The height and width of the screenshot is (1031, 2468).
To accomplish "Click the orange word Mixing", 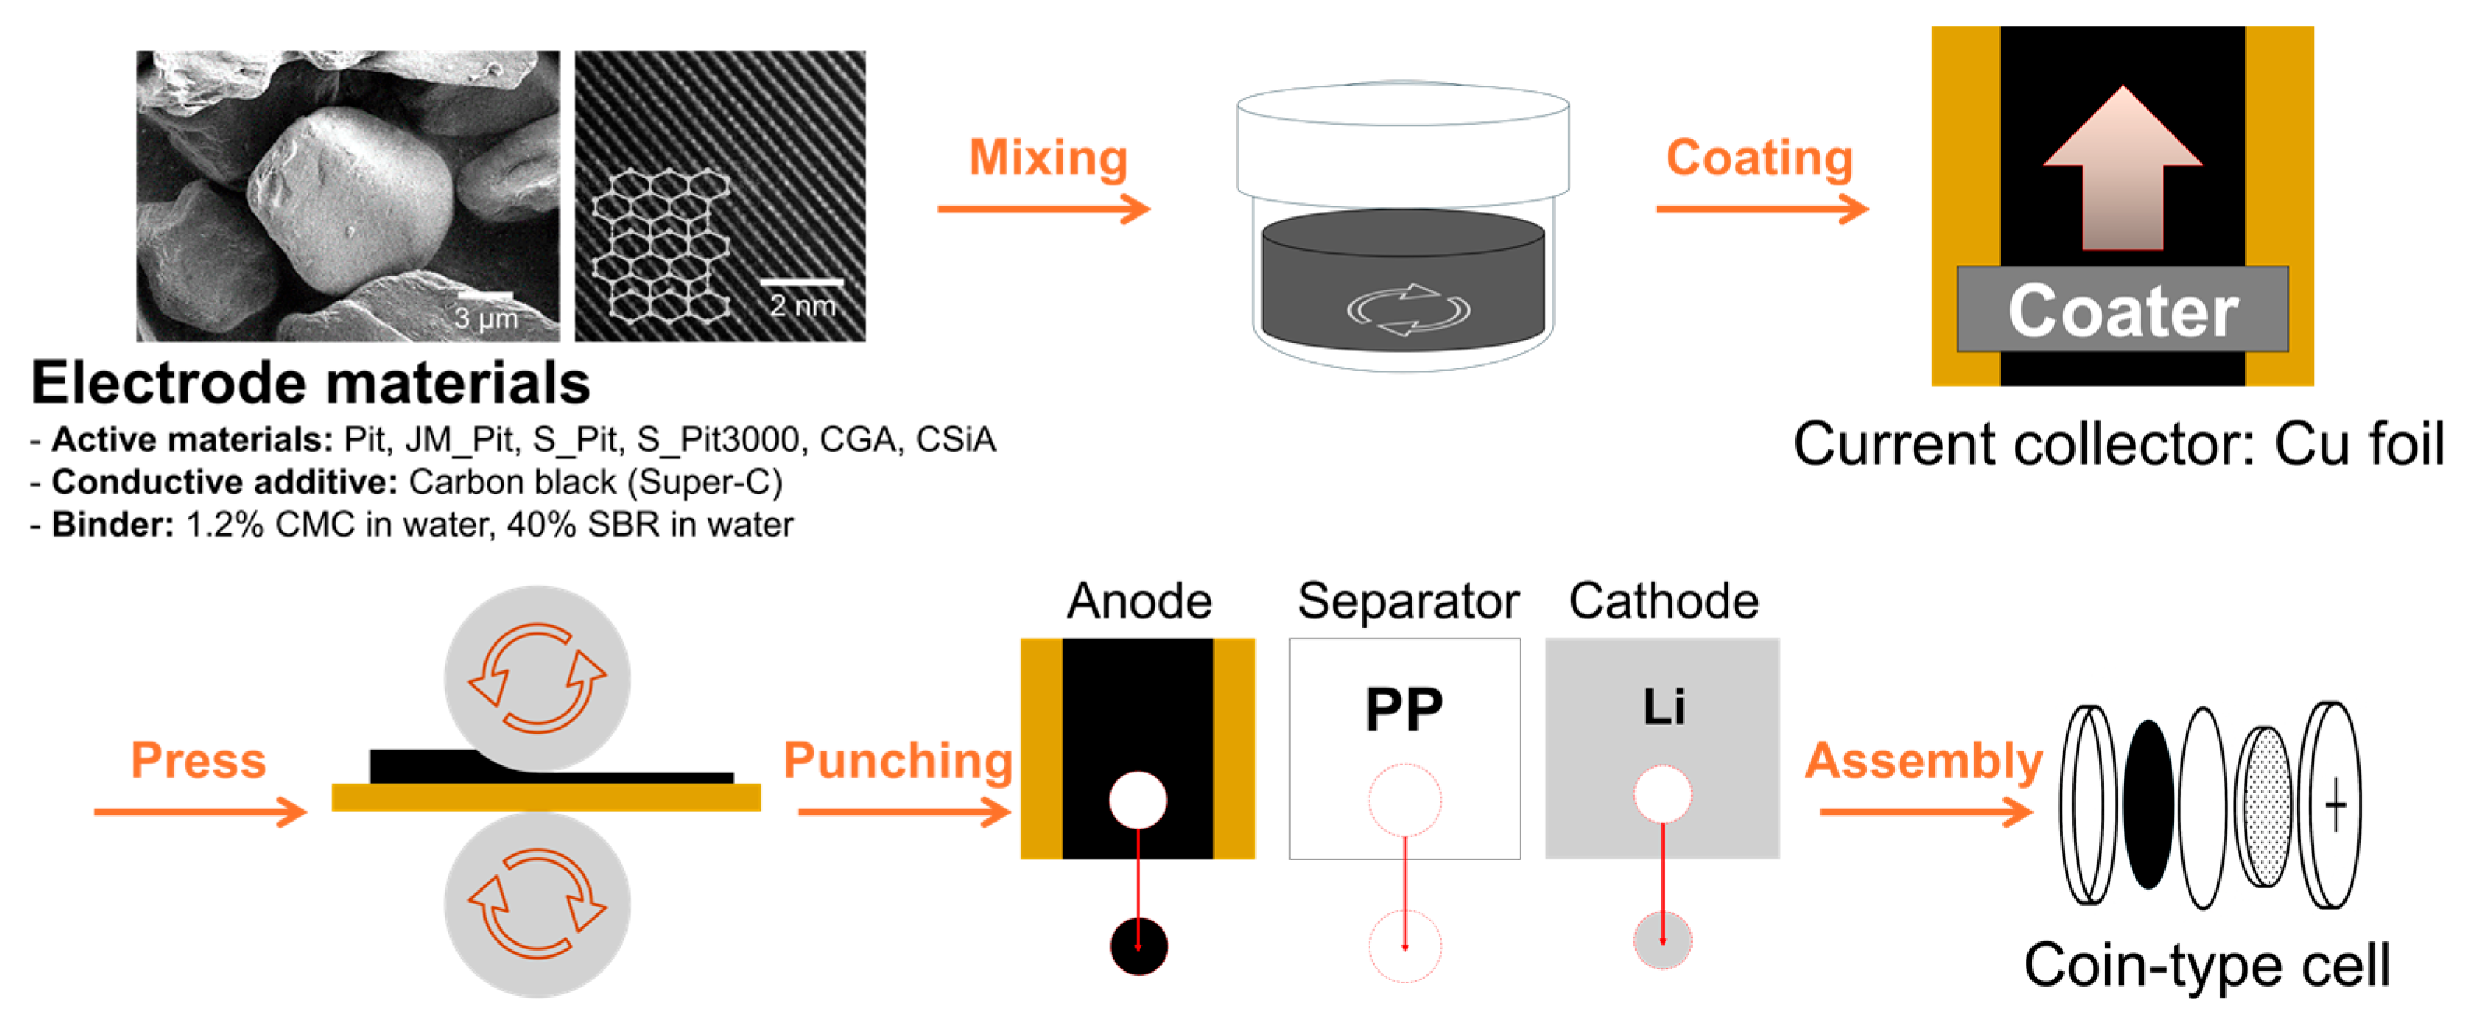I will [1047, 158].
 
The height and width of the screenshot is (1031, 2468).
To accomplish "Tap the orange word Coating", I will [1759, 158].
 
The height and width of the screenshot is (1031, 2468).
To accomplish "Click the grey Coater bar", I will [2122, 309].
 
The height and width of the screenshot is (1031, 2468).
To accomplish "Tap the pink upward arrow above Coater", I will [2122, 172].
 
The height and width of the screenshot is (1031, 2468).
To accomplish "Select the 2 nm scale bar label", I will [803, 306].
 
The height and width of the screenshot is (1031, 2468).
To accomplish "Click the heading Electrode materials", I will [311, 383].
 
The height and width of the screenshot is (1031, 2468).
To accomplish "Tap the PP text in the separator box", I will [1404, 710].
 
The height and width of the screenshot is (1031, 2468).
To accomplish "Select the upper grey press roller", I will [536, 678].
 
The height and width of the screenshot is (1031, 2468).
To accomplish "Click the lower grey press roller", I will [536, 905].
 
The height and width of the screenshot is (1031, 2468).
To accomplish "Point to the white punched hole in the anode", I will [1138, 799].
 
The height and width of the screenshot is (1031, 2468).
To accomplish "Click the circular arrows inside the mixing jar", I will [1408, 309].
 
